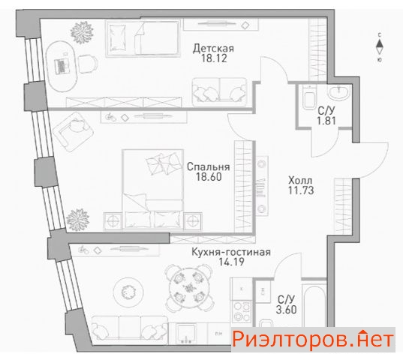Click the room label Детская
coord(213,49)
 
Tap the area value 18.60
coord(209,177)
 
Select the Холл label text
coord(300,180)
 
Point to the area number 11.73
coord(301,190)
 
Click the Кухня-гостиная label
coord(231,252)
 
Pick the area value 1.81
coord(326,121)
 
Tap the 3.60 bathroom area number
coord(287,310)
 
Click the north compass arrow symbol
coord(379,47)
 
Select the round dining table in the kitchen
coord(189,286)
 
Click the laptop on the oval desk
coord(62,66)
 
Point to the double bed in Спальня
coord(153,189)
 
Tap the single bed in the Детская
coord(143,38)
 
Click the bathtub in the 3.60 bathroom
coord(314,305)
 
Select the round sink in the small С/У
coord(339,93)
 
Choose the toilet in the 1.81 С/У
coord(309,97)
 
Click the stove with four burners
coord(242,311)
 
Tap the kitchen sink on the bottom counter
coord(185,333)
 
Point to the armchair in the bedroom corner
coord(73,131)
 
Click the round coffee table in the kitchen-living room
coord(128,291)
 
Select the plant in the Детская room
coord(82,32)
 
